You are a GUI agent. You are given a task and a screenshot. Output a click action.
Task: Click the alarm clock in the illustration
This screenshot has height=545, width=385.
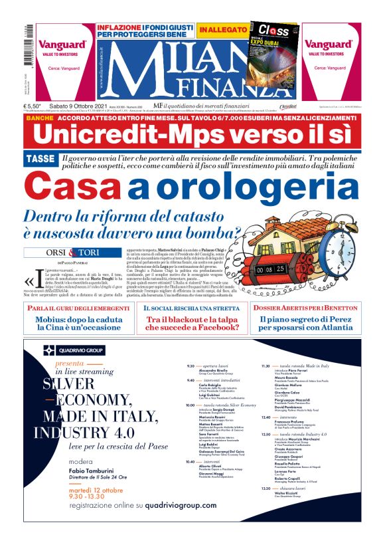pyautogui.click(x=339, y=253)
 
